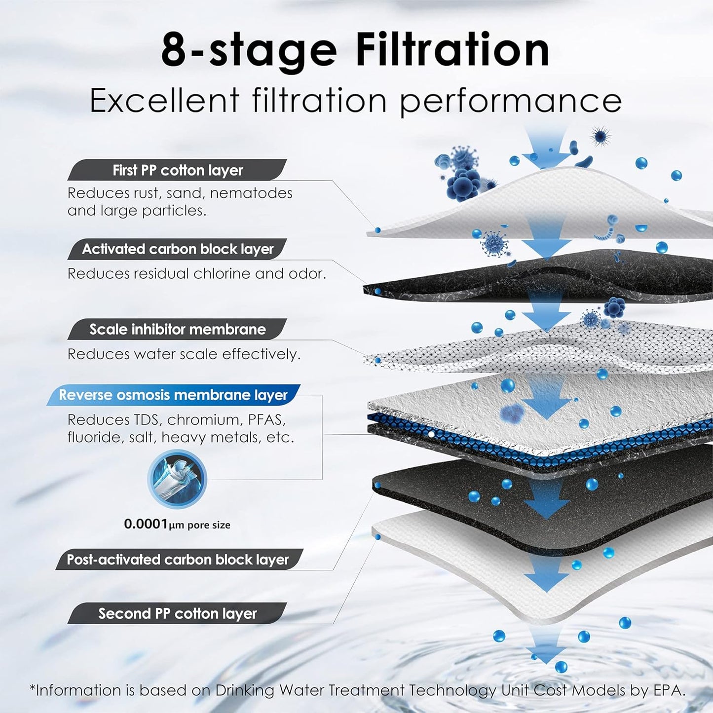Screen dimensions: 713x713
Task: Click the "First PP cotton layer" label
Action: [177, 170]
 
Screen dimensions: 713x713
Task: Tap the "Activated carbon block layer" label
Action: [177, 249]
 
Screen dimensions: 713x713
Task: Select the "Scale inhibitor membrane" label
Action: [177, 329]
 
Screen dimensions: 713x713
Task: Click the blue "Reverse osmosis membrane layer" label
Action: [173, 395]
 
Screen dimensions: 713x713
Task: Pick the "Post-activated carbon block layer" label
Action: [178, 560]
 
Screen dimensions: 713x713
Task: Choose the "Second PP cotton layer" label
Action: [177, 613]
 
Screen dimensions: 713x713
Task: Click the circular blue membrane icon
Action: [177, 479]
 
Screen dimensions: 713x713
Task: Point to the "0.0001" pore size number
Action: [146, 524]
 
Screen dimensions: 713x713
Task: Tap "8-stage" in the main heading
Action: [249, 51]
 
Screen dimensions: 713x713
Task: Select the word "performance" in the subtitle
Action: [510, 101]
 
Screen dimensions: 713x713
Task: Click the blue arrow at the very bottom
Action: [546, 649]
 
